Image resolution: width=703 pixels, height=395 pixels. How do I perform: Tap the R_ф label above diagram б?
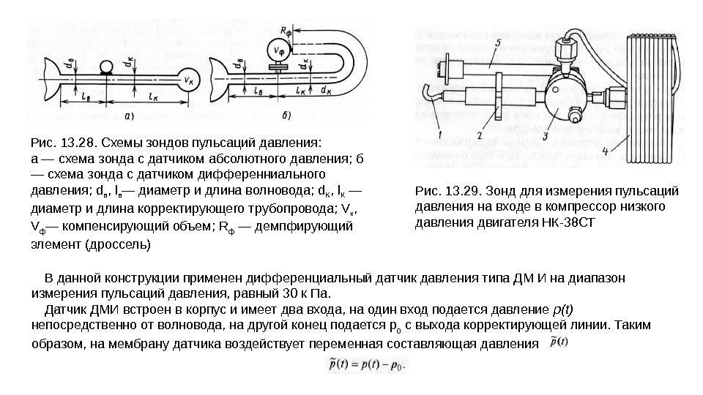pos(286,31)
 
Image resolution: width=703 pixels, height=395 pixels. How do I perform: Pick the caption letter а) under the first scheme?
pos(129,115)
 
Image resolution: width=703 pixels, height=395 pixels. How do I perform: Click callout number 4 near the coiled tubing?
pos(605,151)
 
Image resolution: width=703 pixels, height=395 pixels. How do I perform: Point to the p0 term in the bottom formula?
pos(396,363)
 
